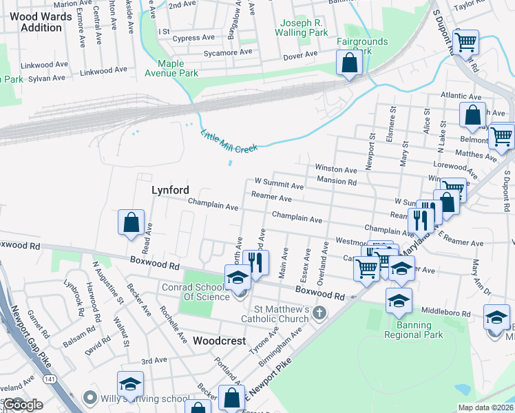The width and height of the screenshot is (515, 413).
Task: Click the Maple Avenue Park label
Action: click(x=171, y=67)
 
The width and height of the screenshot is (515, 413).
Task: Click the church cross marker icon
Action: click(x=318, y=313)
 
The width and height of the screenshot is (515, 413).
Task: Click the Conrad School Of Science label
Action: click(x=196, y=292)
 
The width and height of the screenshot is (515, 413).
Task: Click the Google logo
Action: click(x=22, y=405)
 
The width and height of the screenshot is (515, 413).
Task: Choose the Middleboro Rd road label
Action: click(x=447, y=313)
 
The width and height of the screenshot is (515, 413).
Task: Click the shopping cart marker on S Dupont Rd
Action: click(x=466, y=42)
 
